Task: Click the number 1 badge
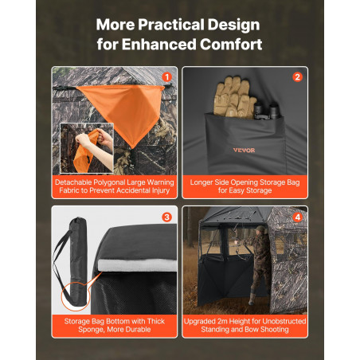point(166,77)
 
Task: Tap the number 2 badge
point(297,77)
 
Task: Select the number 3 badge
point(166,217)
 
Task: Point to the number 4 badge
point(297,217)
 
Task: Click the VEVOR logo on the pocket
point(244,151)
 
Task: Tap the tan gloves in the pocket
point(233,97)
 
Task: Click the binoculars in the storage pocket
point(267,111)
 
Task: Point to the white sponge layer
point(137,265)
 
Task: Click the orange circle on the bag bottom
point(76,296)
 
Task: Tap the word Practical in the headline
point(171,25)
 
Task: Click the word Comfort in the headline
point(231,44)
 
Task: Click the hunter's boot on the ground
point(252,300)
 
